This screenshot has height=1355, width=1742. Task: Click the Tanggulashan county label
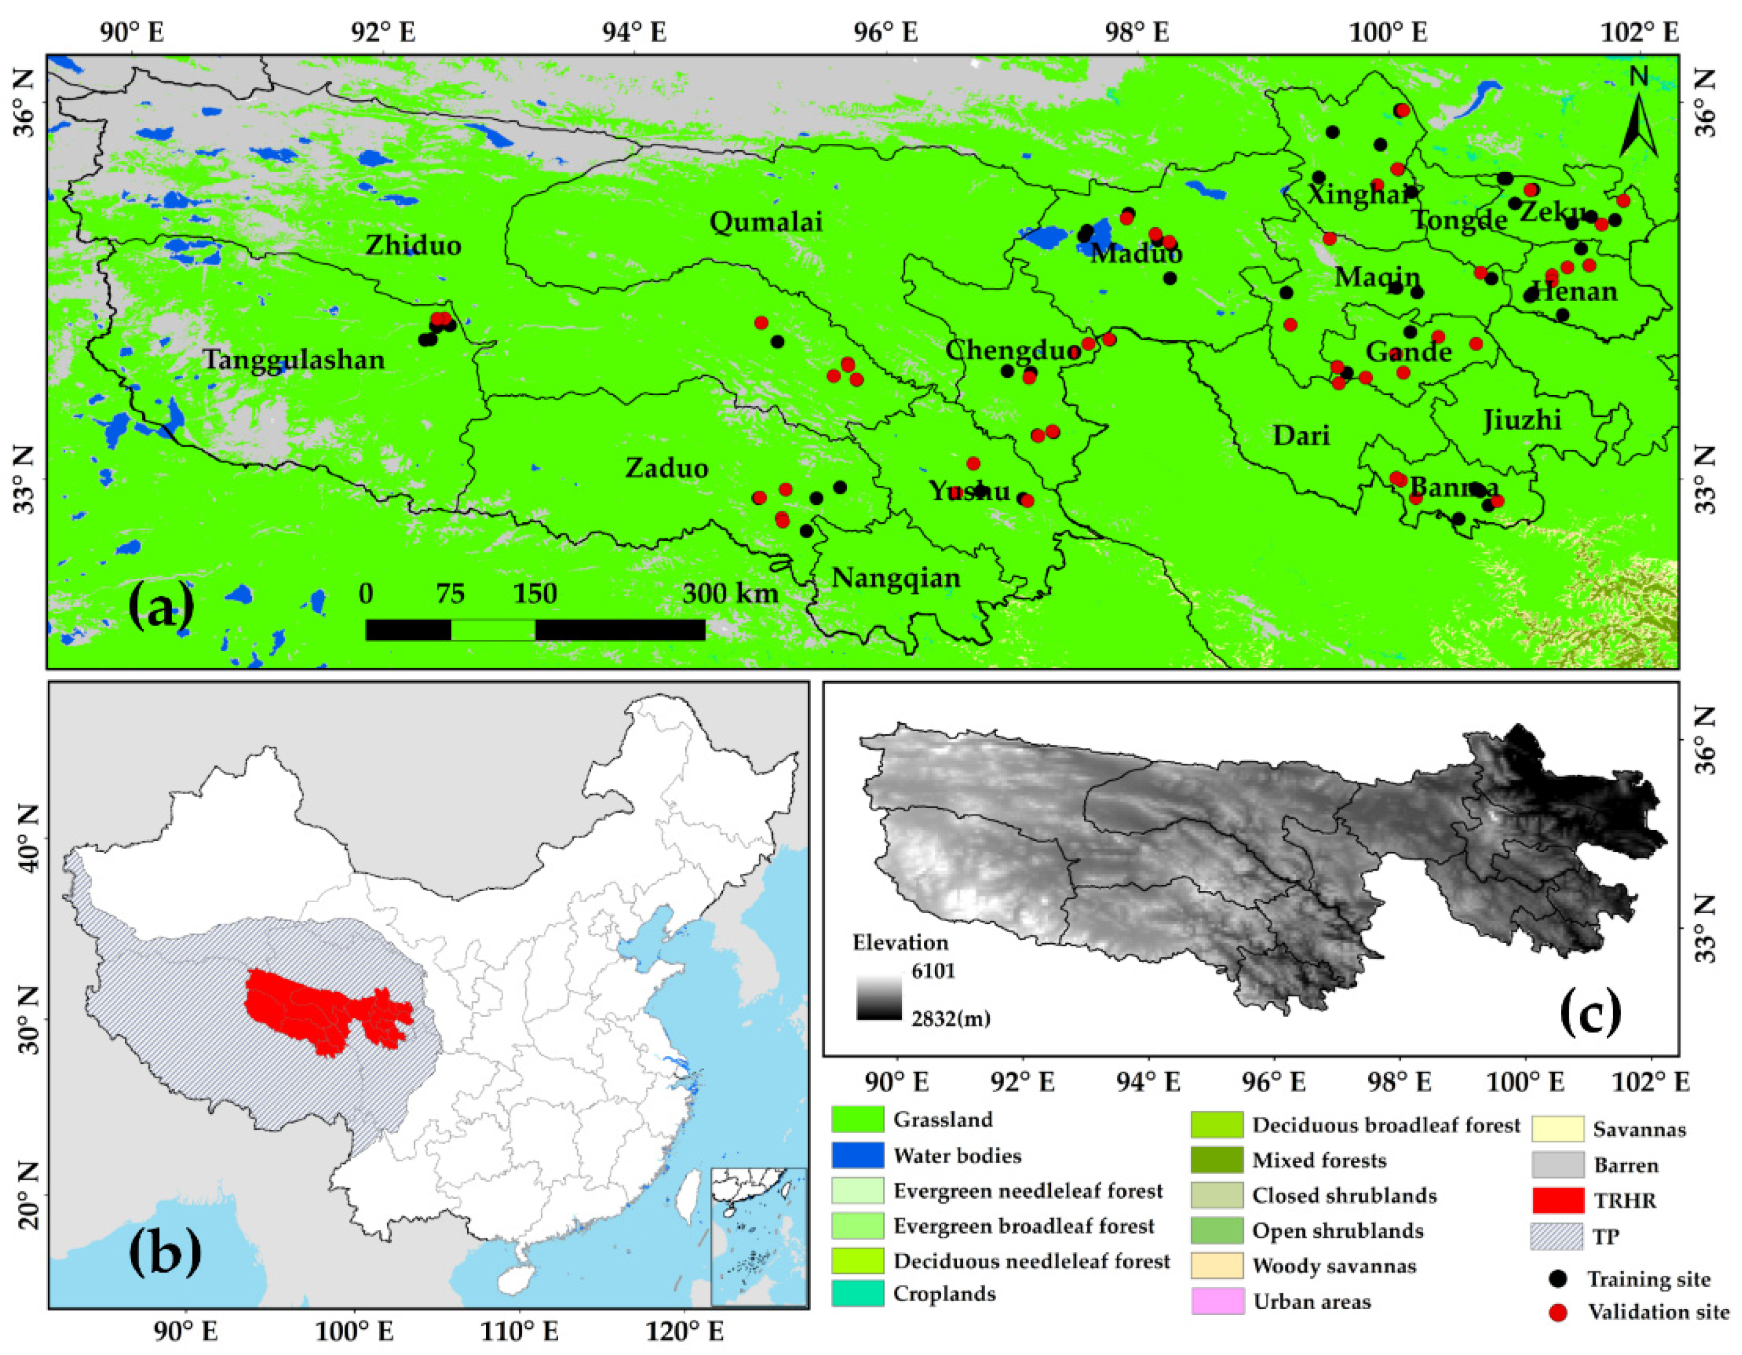(x=293, y=360)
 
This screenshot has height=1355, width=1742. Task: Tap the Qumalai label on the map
(x=765, y=222)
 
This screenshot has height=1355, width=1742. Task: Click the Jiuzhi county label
(x=1522, y=419)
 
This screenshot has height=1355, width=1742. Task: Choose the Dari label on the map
(x=1301, y=435)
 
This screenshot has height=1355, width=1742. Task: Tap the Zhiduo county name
(x=413, y=245)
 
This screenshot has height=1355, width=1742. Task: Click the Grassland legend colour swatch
(x=857, y=1119)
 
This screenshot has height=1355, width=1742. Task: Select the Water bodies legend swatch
(x=857, y=1155)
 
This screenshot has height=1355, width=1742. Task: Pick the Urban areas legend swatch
(x=1217, y=1301)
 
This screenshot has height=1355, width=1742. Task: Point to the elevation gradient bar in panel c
(x=879, y=995)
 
